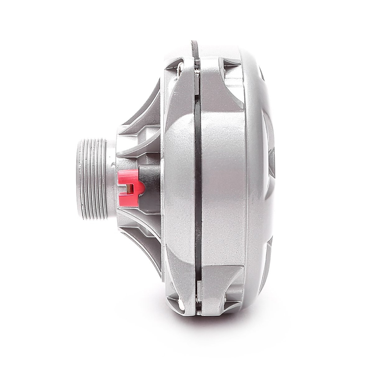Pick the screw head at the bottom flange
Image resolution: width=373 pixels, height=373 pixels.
click(180, 300)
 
